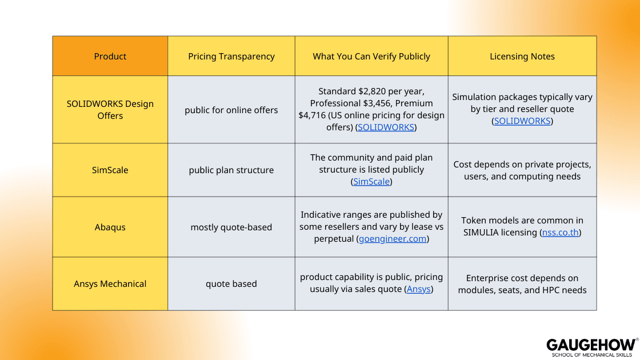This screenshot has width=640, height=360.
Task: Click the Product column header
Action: (110, 56)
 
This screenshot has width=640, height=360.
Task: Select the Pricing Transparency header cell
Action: (231, 56)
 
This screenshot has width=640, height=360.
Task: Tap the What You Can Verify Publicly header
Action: (371, 56)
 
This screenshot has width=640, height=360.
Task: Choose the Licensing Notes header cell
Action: (522, 56)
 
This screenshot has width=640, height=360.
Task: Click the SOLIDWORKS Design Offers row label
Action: (110, 110)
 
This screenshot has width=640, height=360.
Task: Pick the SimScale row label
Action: (110, 170)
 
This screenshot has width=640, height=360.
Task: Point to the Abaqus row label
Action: (110, 227)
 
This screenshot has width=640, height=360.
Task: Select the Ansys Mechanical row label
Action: (110, 283)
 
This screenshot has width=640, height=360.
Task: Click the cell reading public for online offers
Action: (231, 110)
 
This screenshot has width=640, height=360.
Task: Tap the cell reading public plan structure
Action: (231, 170)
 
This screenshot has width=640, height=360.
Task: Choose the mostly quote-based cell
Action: (231, 227)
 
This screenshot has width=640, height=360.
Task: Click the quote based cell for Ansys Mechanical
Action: (231, 283)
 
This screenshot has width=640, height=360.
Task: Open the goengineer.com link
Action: (393, 239)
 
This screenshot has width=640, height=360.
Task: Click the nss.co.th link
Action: (561, 233)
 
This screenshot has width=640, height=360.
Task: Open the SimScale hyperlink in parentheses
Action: (371, 182)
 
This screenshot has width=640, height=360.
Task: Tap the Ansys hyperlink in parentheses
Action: (419, 289)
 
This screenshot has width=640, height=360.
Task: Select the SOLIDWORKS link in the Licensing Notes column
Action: (522, 121)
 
